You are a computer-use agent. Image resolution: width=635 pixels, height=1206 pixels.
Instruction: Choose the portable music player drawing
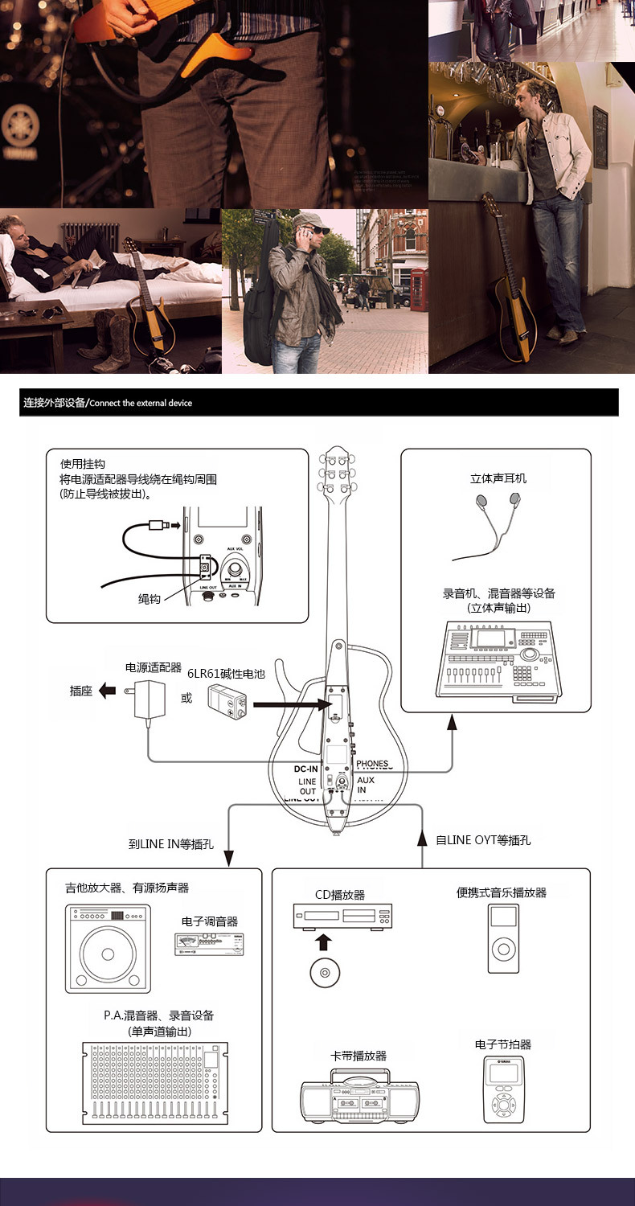502,938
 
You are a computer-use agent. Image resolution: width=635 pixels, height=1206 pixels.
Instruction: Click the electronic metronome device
503,1089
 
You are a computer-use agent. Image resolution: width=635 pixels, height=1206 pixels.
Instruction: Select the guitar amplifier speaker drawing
108,946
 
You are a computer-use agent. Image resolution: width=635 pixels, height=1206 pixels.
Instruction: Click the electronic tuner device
209,944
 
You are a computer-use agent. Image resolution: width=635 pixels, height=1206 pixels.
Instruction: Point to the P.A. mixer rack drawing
154,1081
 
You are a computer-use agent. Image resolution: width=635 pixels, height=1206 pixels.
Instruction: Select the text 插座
81,691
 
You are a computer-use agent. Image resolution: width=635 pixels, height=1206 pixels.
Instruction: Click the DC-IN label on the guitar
306,769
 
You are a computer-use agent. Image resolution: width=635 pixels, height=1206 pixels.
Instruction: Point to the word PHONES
372,764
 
